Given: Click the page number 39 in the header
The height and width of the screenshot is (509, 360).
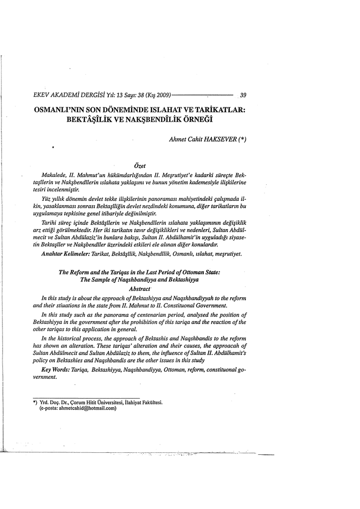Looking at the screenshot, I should pos(244,96).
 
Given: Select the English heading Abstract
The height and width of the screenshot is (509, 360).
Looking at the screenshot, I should pos(140,288).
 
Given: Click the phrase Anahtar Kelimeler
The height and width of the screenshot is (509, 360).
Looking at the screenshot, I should pos(64,254).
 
